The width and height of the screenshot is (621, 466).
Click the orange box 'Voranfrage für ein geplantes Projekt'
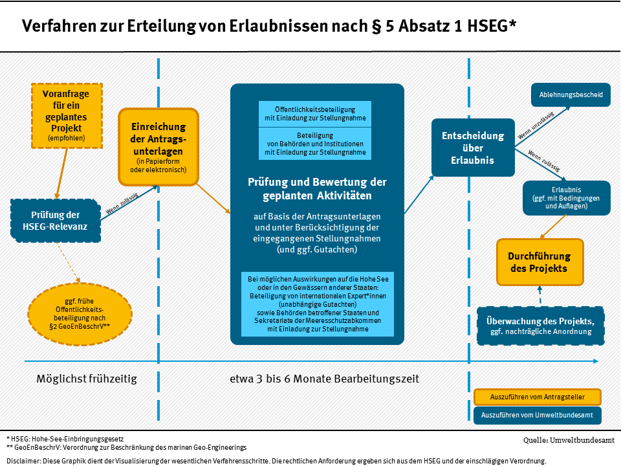(x=67, y=116)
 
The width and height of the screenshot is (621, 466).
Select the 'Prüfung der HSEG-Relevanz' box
(x=56, y=221)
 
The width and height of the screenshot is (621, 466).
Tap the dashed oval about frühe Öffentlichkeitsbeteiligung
(x=80, y=314)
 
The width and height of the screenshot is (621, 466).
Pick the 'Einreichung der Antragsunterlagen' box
(x=158, y=147)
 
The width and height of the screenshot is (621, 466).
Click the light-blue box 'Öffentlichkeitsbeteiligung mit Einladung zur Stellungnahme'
(x=315, y=114)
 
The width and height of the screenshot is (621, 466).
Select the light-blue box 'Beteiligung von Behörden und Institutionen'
(x=315, y=144)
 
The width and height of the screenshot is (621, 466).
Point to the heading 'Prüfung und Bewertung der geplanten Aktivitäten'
(x=317, y=188)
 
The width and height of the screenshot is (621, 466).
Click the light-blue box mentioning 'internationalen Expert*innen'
(x=318, y=304)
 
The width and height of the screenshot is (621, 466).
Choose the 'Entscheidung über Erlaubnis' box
(x=473, y=148)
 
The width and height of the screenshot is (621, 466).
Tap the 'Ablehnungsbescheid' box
(x=571, y=94)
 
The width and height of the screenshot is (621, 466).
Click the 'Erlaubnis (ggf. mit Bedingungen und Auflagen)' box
(x=567, y=198)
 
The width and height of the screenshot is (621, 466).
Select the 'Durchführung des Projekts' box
(x=539, y=262)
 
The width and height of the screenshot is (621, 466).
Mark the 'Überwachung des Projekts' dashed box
(x=541, y=326)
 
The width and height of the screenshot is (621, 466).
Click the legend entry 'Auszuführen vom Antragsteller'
(x=538, y=397)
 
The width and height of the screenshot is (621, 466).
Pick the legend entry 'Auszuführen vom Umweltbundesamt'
(x=538, y=416)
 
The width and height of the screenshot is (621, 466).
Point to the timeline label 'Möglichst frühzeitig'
(x=87, y=379)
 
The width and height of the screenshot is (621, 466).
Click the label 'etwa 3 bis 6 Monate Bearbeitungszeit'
(x=324, y=379)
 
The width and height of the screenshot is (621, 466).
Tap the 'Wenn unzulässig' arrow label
(x=536, y=125)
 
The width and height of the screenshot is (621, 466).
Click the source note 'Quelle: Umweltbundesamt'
(x=569, y=440)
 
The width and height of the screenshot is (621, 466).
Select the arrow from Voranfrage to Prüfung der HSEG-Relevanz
(x=62, y=173)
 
